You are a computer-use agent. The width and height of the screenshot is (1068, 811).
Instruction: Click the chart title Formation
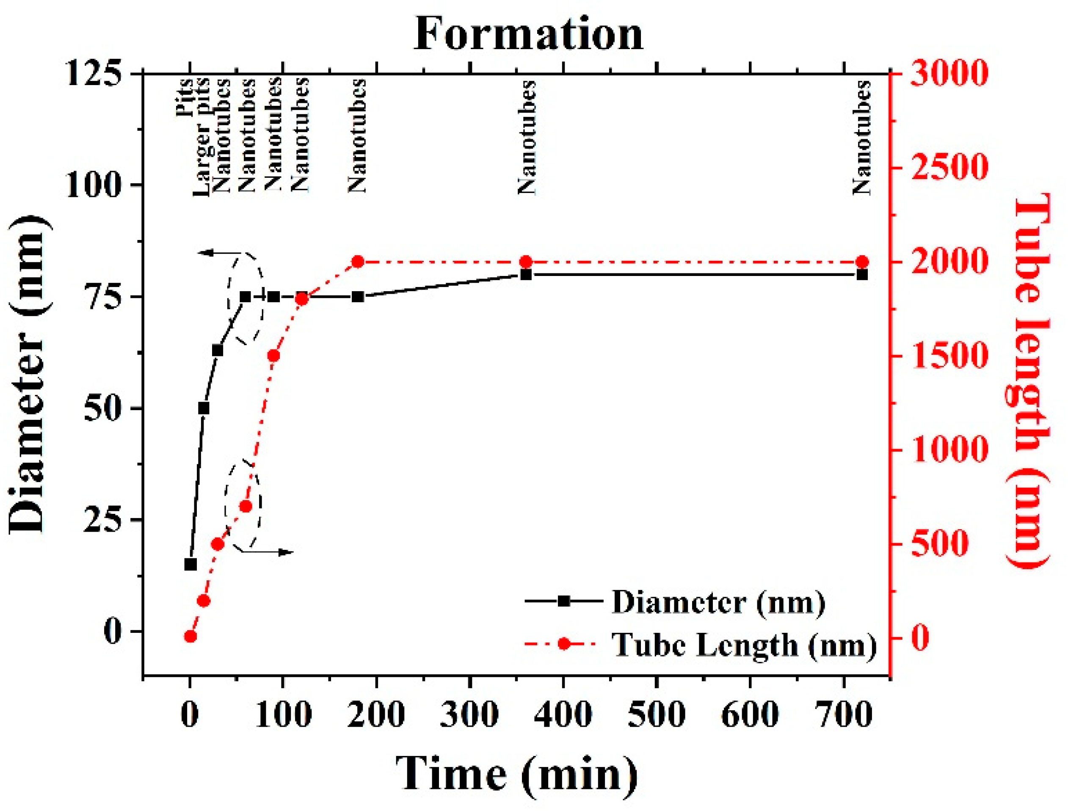[528, 34]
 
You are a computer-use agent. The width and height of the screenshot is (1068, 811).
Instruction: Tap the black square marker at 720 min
[862, 275]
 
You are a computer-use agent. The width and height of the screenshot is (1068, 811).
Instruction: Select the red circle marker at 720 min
[862, 262]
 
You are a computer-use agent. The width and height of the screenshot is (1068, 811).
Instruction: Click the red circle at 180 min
[357, 262]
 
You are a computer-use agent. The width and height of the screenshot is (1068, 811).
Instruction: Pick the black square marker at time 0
[190, 564]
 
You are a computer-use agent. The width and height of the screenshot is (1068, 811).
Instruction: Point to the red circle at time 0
[190, 636]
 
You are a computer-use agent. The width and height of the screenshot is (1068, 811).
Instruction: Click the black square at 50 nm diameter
[204, 408]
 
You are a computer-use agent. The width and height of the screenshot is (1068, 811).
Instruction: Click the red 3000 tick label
[947, 74]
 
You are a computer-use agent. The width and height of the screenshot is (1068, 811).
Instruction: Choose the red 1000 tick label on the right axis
[947, 450]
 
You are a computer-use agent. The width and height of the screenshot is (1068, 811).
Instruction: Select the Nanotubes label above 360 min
[527, 138]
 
